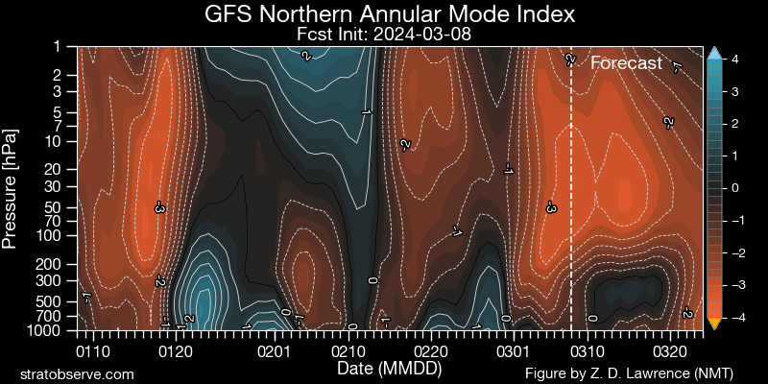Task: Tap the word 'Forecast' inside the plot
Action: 626,63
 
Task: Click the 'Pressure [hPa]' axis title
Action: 12,187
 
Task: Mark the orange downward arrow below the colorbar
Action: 713,324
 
